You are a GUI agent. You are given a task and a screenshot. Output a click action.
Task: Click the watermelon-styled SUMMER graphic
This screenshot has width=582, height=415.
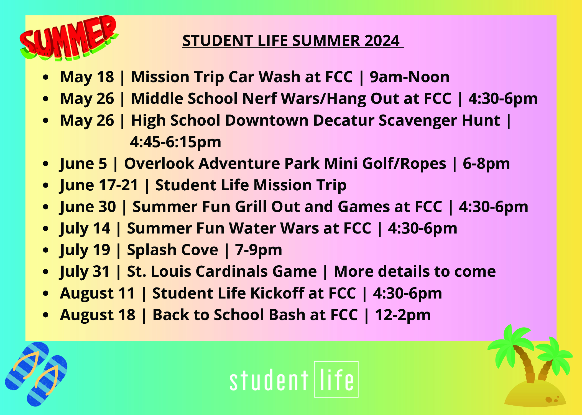coord(69,38)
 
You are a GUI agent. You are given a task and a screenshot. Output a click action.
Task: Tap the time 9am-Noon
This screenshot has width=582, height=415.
coord(410,77)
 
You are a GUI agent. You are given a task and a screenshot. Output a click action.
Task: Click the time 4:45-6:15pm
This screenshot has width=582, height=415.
coord(176,142)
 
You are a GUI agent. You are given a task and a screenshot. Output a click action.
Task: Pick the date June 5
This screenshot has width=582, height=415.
coord(83,164)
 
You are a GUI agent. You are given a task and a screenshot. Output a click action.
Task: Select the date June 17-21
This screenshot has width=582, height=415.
coord(99,185)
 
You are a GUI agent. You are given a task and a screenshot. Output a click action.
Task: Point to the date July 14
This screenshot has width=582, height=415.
coord(85,229)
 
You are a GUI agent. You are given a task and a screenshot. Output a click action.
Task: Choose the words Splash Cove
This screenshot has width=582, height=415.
coord(173,250)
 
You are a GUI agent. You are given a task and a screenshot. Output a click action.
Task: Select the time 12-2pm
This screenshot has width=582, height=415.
coord(403,315)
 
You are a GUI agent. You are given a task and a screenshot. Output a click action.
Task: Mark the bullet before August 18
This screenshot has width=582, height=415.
coord(46,315)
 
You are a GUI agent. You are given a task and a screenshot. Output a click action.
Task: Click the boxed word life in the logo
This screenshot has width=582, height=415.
coord(336,379)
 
